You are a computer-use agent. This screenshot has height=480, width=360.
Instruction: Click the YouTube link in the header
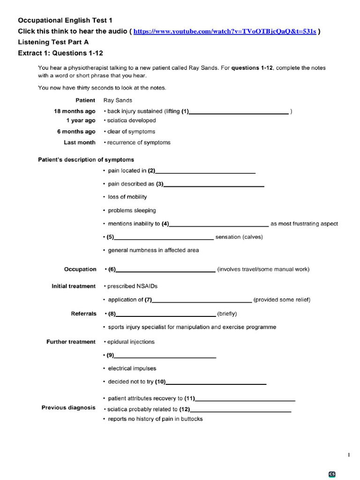pos(225,31)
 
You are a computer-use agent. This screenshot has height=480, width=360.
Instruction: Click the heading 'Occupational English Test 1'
pos(65,20)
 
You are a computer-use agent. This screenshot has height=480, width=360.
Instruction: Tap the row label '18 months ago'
pos(75,111)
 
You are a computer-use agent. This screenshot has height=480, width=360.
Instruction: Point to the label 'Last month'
pos(80,142)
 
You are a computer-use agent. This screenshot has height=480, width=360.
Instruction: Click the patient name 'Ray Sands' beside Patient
pos(118,100)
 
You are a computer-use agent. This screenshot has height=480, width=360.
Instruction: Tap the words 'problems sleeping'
pos(132,210)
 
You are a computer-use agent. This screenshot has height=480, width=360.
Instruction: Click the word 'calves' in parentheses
pos(252,237)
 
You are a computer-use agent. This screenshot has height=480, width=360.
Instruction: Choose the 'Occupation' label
pos(80,269)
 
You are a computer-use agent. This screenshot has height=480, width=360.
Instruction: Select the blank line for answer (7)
pos(202,300)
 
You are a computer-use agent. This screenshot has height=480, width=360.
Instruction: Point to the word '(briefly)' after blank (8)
pos(227,314)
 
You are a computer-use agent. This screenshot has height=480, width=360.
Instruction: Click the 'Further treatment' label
pos(71,342)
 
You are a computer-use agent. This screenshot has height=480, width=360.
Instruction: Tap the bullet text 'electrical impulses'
pos(132,368)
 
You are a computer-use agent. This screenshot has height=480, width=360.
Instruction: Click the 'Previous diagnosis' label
pos(68,407)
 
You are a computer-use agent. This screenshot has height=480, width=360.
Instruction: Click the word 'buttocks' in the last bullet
pos(192,419)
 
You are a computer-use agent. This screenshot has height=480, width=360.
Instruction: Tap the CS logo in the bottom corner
pos(332,474)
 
